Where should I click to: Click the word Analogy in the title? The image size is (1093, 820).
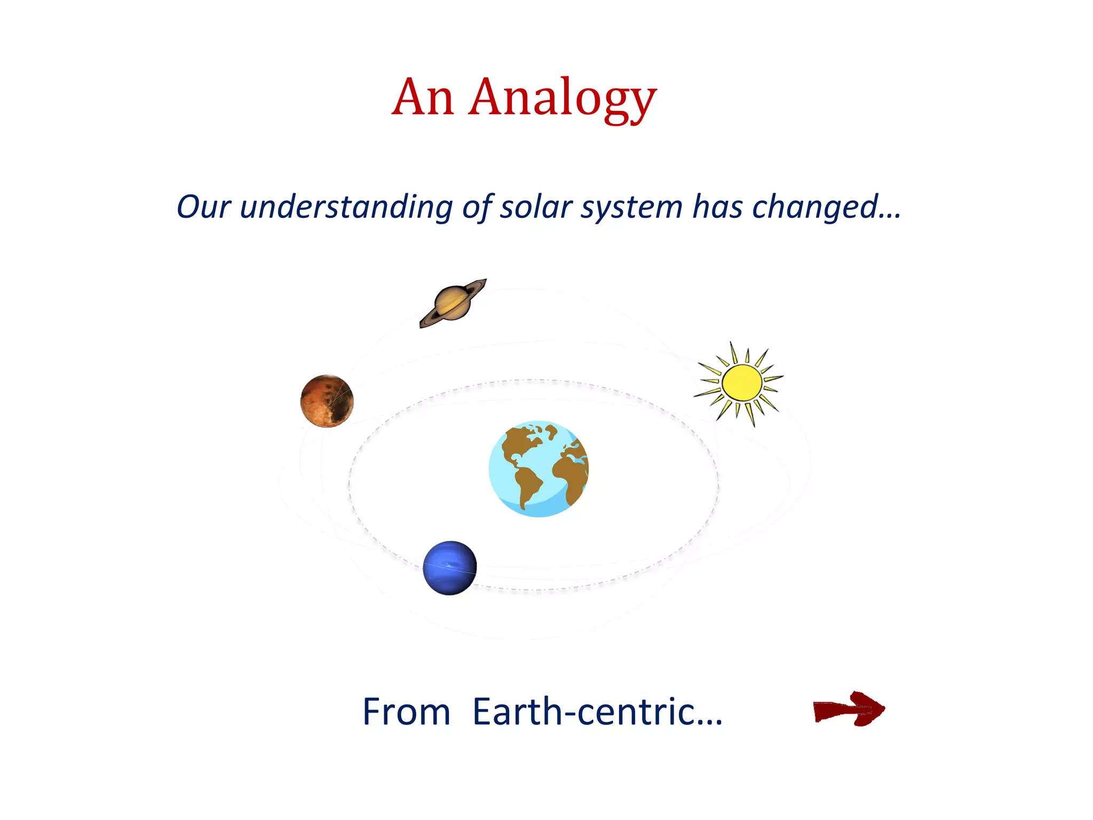[563, 99]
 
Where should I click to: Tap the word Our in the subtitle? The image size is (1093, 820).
[203, 207]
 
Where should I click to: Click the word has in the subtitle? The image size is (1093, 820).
[717, 207]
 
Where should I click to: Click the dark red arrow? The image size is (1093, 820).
[849, 709]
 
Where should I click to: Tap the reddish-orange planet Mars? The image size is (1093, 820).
[327, 401]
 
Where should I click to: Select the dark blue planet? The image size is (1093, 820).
[449, 567]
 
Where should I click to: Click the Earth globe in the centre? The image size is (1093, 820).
[538, 469]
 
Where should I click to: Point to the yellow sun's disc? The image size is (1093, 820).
[742, 382]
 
